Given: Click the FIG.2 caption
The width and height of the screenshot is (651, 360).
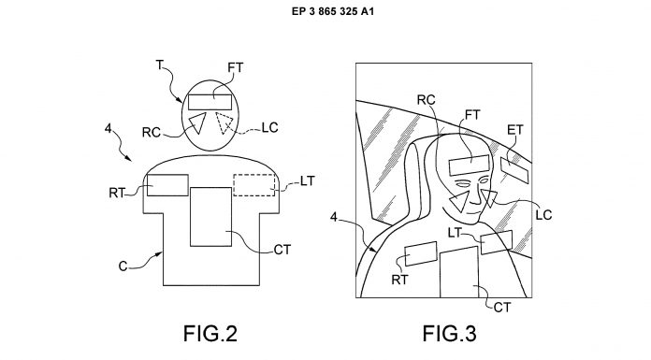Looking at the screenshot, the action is (x=210, y=334).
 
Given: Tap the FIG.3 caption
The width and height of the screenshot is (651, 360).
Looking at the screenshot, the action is (x=450, y=334).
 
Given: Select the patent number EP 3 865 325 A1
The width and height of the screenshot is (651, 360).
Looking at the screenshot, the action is (x=333, y=11).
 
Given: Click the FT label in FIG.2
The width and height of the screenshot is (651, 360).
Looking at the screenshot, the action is (x=236, y=67).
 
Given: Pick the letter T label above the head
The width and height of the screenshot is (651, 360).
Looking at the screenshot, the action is (x=160, y=65).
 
